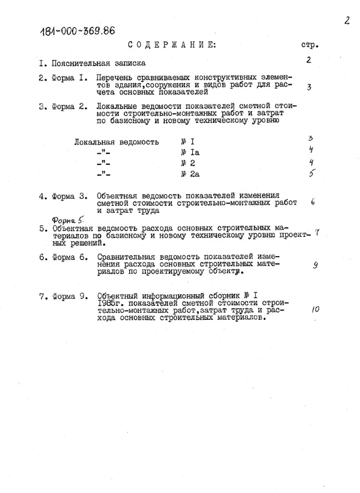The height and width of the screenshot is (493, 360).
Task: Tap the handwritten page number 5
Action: point(312,173)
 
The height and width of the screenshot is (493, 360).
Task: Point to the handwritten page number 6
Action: point(313,202)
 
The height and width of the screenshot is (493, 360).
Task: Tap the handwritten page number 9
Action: point(315,265)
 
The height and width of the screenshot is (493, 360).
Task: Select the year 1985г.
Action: point(112,304)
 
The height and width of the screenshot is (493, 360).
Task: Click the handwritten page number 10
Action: point(316,309)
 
